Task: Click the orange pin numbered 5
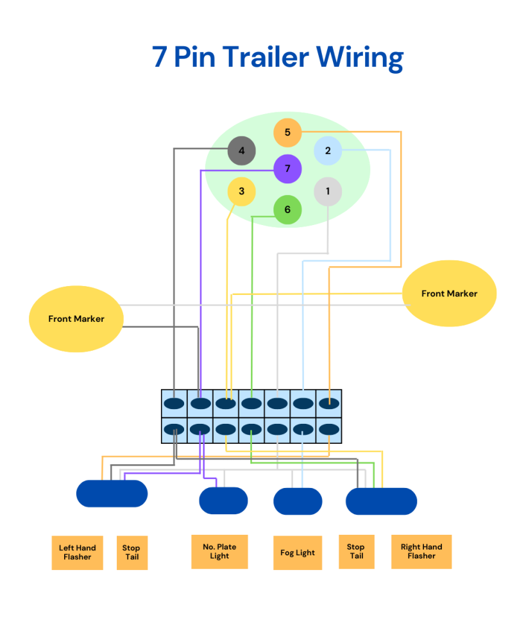287,133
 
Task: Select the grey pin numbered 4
242,151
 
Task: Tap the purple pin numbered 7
287,169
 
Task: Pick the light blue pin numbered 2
328,151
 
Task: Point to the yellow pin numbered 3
241,192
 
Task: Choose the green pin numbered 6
287,210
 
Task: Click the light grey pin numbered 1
328,191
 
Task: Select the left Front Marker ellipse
76,319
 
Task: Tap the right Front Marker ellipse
449,293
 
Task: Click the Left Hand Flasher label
77,552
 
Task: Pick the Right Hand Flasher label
421,551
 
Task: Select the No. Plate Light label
219,551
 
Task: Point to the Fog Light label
298,553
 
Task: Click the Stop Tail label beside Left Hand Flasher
131,552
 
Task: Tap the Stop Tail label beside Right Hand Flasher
356,551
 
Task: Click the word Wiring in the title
359,58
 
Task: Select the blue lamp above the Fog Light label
298,501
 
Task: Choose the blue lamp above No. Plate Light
223,501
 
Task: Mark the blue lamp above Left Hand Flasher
112,494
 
